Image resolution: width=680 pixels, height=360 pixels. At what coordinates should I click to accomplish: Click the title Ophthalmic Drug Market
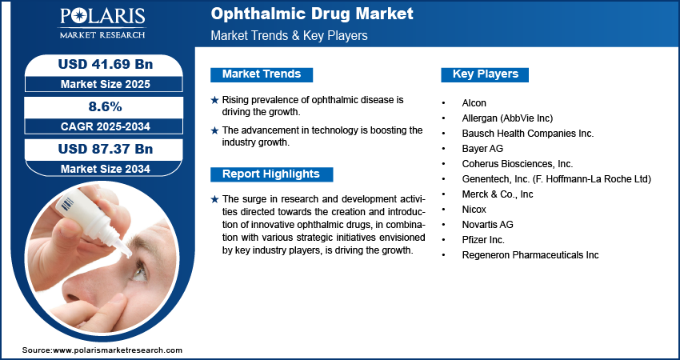point(312,14)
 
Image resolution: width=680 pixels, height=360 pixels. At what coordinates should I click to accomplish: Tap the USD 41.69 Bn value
point(104,65)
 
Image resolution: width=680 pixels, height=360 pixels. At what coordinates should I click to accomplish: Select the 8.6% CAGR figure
point(104,107)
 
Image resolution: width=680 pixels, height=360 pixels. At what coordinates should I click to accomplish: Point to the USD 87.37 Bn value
point(104,150)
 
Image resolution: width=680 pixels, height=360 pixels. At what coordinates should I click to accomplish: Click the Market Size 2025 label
point(104,84)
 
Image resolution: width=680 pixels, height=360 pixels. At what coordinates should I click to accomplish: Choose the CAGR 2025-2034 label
point(104,126)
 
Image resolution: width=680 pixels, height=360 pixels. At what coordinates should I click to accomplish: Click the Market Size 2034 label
point(104,169)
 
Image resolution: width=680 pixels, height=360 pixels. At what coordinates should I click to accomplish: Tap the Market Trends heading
point(262,74)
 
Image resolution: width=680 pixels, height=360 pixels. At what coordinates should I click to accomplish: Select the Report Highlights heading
point(271,174)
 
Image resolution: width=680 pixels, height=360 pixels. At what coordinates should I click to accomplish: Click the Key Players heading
point(486,74)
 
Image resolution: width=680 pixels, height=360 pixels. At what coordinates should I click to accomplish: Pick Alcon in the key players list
point(474,103)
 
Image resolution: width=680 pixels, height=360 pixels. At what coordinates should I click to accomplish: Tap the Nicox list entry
point(474,210)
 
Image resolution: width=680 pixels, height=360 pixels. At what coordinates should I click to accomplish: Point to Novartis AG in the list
point(488,225)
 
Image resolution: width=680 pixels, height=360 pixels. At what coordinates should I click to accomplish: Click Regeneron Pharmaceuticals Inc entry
point(530,255)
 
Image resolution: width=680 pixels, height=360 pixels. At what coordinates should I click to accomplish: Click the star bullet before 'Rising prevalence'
point(214,100)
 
